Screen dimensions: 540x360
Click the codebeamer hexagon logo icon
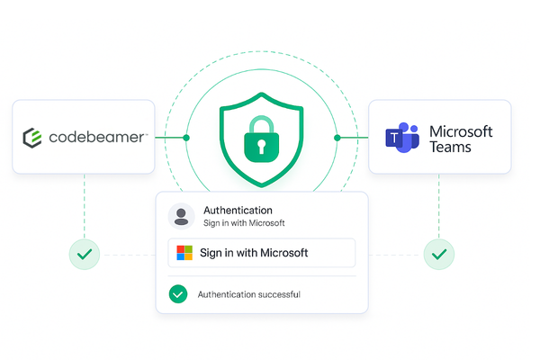[32, 138]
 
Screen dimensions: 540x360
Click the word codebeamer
[96, 137]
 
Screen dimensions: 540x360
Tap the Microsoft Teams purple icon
[402, 138]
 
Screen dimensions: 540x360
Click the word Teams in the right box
[450, 147]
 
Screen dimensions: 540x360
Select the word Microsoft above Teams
[461, 131]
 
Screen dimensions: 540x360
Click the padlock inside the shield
[261, 139]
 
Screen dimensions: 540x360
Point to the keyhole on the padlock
[261, 147]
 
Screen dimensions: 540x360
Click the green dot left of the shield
[186, 138]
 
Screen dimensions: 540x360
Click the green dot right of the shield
[337, 138]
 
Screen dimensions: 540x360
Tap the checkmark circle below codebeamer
[85, 254]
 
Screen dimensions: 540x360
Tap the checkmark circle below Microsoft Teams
[439, 254]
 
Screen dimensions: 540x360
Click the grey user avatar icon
[181, 216]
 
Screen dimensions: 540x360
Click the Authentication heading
[238, 210]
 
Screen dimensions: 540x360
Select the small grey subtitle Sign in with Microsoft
[244, 223]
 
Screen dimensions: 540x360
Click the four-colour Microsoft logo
[184, 253]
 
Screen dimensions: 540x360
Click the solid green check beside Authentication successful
[178, 294]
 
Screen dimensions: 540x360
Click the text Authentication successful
[249, 294]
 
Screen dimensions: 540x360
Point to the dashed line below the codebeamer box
[85, 206]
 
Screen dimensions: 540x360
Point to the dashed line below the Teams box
[439, 206]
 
